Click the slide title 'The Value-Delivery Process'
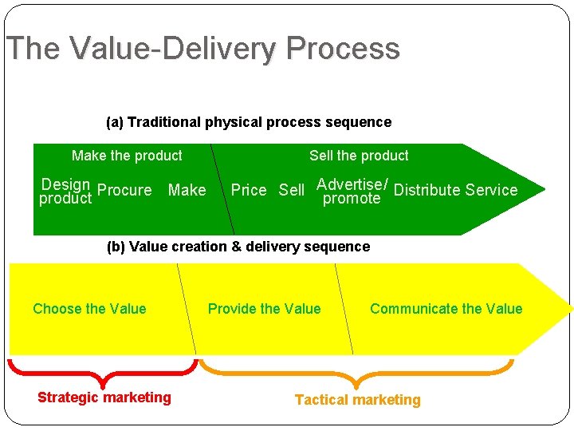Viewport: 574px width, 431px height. point(202,49)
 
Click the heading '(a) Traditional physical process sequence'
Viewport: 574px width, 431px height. point(249,122)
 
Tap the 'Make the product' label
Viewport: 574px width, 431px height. point(127,156)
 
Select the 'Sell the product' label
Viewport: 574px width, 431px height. point(359,156)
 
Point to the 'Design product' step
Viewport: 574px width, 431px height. point(65,192)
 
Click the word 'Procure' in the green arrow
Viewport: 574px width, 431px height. point(124,190)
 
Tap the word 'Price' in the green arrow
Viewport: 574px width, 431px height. point(248,190)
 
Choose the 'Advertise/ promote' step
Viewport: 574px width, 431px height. point(352,192)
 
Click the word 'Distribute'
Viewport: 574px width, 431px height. point(427,190)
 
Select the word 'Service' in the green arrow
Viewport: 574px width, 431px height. point(491,190)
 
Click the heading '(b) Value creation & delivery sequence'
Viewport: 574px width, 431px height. point(238,247)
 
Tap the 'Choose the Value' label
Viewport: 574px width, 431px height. point(89,309)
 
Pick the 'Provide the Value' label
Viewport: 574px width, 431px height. point(264,309)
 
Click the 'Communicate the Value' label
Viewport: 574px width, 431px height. point(446,309)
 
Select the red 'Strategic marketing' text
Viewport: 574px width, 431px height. point(104,397)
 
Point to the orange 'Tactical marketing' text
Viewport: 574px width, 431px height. point(357,400)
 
